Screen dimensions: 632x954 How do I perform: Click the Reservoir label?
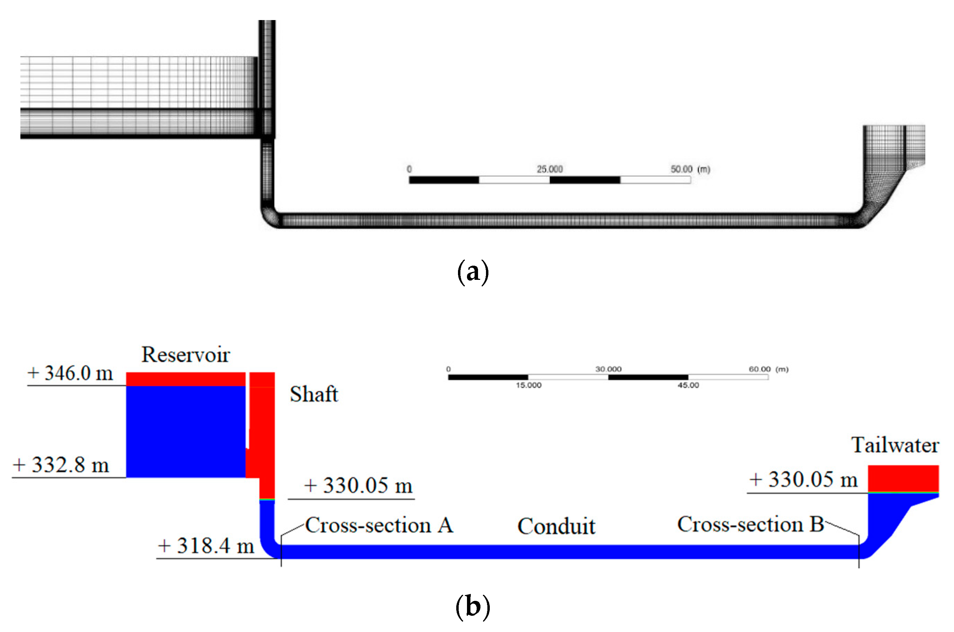[185, 355]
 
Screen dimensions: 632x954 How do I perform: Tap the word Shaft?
[314, 394]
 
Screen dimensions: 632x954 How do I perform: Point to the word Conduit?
[556, 526]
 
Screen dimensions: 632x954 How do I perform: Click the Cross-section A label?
[379, 525]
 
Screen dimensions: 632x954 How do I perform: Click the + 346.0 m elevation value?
[70, 373]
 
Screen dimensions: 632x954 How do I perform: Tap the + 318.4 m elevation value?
[206, 546]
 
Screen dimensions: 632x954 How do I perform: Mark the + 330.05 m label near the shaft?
[358, 485]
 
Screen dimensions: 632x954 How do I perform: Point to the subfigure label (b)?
[473, 607]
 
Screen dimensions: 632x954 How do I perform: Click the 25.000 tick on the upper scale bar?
[549, 169]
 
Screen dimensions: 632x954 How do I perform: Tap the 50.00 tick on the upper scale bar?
[681, 169]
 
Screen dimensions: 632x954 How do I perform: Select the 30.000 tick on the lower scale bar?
[608, 369]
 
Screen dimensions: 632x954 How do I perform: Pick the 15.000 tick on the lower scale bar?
[529, 385]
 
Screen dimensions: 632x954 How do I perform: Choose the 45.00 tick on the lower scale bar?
[688, 385]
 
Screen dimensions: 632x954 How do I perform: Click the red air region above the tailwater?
[903, 478]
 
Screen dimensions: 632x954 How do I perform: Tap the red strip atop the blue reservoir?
[185, 379]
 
